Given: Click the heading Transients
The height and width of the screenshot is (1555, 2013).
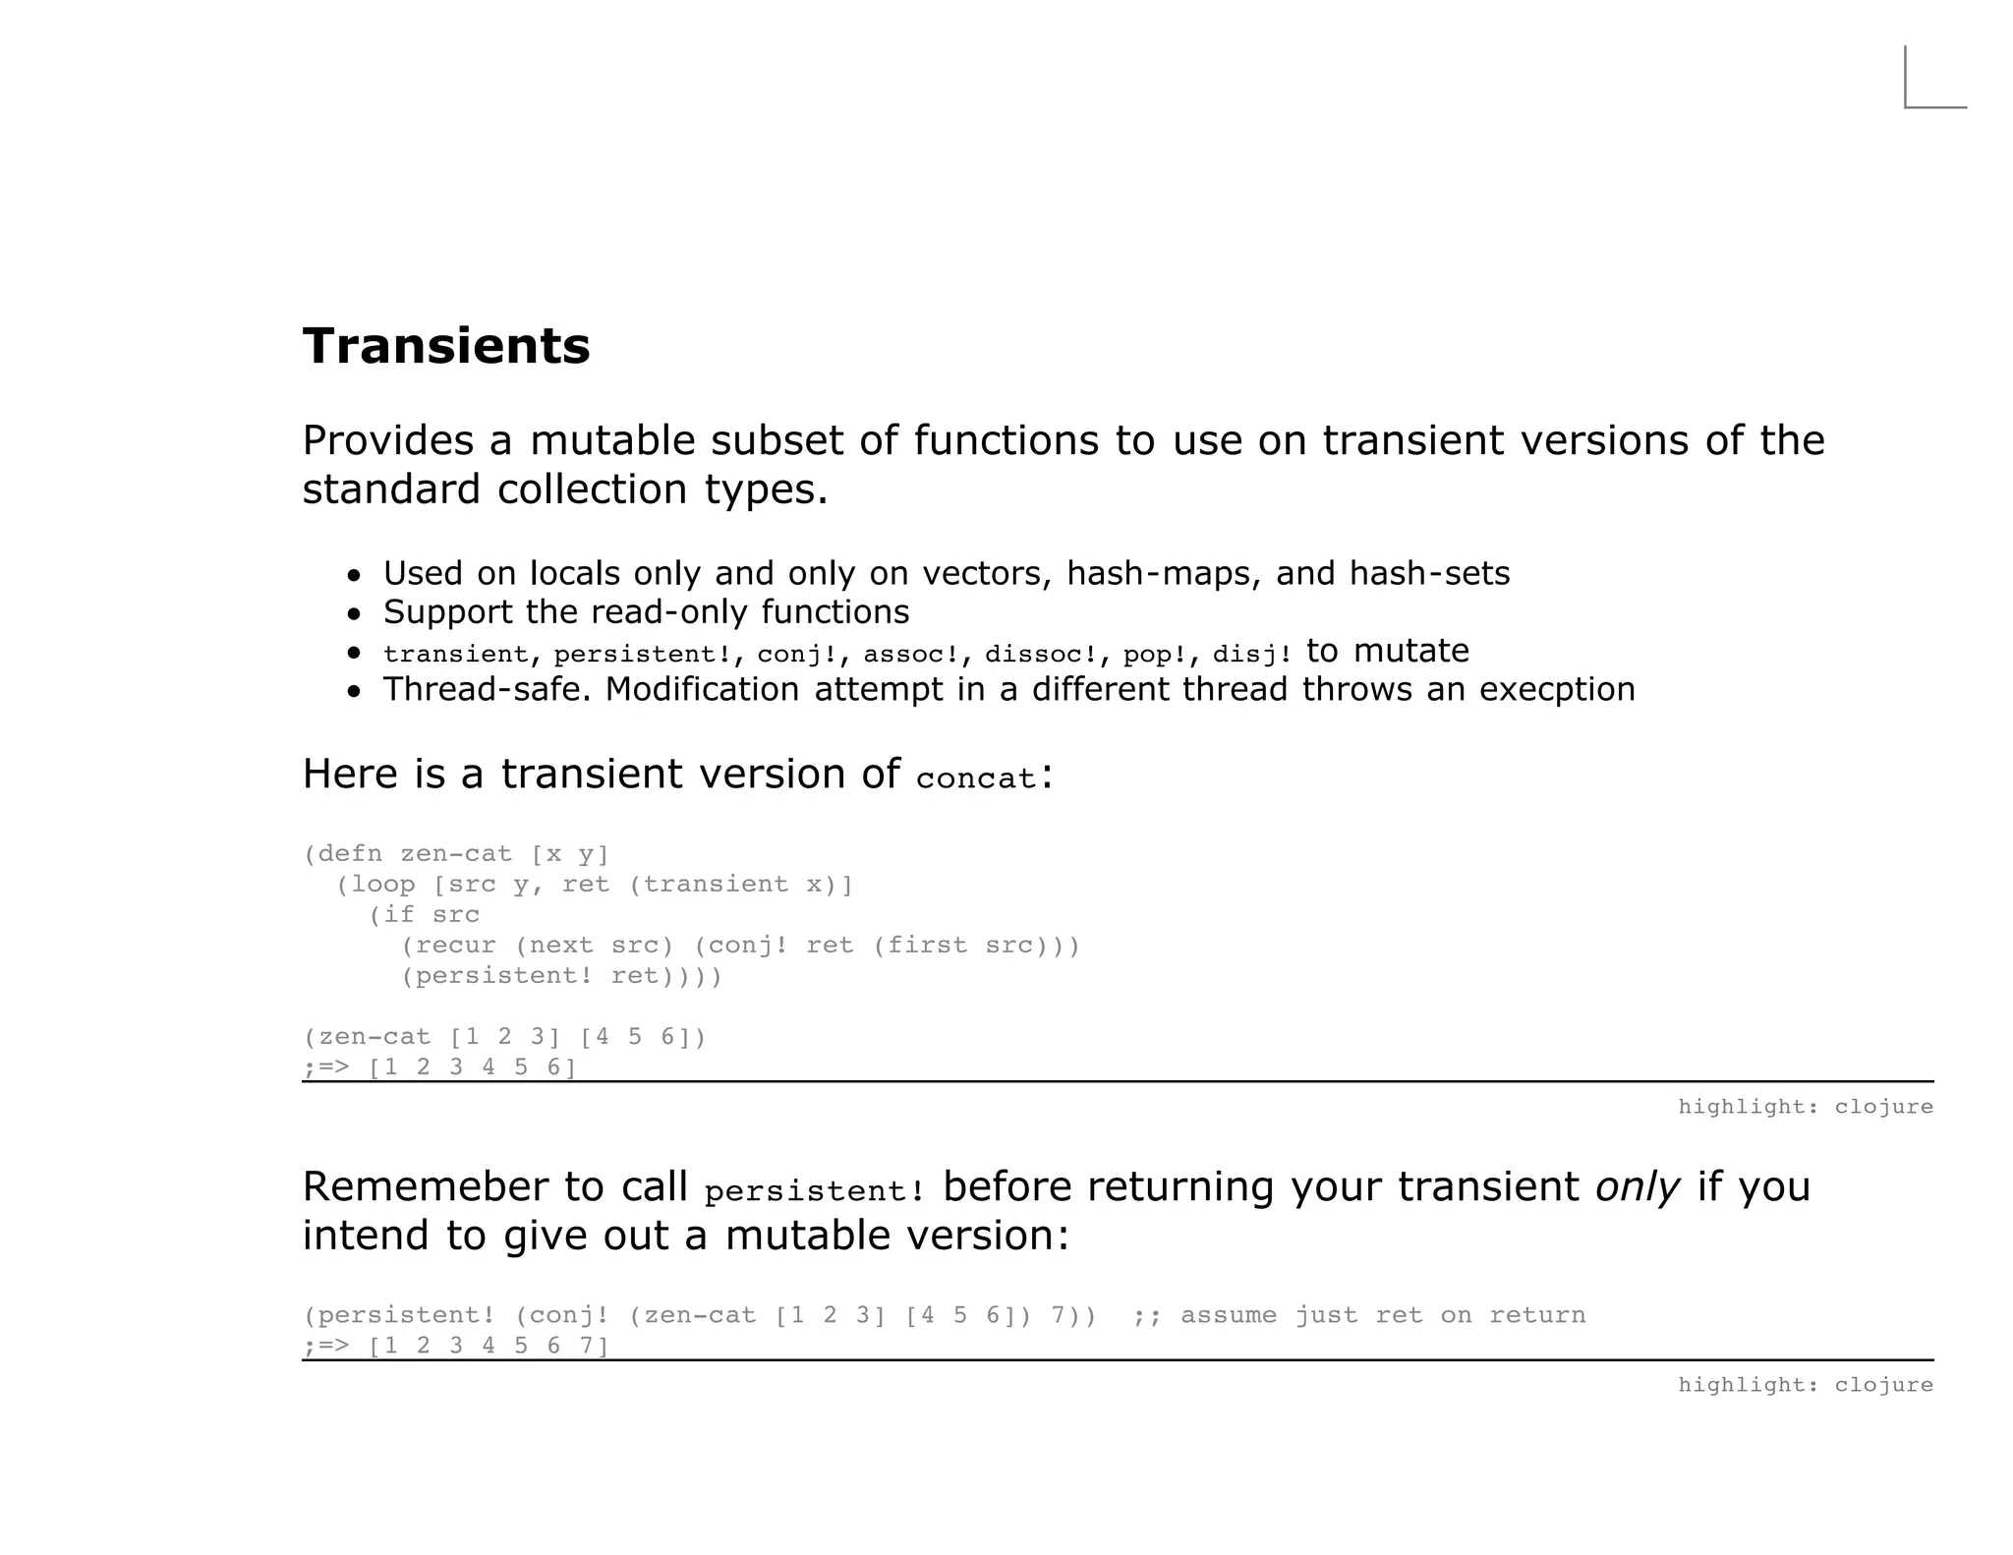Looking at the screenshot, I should tap(446, 346).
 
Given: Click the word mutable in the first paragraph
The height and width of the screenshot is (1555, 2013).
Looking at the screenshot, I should tap(612, 440).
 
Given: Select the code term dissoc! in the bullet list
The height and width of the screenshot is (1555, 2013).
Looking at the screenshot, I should tap(1041, 655).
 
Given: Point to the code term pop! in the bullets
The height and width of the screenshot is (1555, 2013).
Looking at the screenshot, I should tap(1156, 655).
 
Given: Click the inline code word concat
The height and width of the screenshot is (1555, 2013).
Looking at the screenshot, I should tap(976, 778).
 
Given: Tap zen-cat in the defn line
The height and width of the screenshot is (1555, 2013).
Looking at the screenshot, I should tap(456, 853).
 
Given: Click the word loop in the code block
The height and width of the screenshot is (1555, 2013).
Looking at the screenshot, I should tap(384, 884).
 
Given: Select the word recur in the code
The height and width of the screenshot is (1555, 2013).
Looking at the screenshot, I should tap(456, 945).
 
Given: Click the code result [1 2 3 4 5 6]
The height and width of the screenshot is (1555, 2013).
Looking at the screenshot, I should tap(472, 1066).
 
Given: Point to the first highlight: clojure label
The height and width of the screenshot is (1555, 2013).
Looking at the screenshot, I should tap(1805, 1107).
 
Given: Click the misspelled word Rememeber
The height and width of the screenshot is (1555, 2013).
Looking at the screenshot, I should tap(426, 1187).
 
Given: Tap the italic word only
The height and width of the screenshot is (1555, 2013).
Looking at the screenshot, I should tap(1637, 1187).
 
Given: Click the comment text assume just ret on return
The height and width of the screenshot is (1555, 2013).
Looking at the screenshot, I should tap(1383, 1315).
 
